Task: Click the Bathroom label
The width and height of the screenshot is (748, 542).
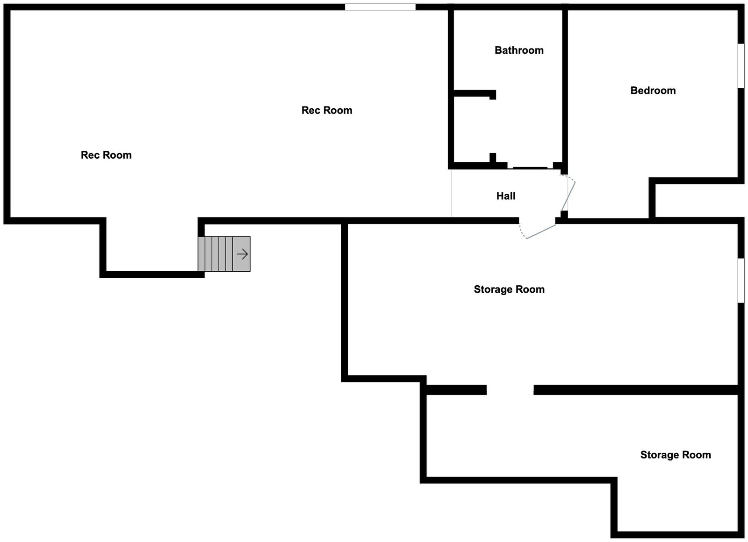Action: [519, 50]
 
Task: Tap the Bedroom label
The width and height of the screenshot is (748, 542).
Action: [653, 91]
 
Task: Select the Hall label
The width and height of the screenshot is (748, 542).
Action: [506, 196]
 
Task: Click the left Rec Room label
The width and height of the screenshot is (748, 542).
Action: [106, 155]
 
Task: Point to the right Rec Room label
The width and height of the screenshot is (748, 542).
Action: [327, 110]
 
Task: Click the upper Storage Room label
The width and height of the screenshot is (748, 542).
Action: [509, 289]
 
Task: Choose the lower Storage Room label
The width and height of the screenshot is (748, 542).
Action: [676, 455]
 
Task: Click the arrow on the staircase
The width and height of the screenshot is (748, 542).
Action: [242, 254]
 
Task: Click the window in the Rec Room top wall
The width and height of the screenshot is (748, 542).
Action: [380, 7]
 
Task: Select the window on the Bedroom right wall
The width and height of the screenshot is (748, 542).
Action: [741, 66]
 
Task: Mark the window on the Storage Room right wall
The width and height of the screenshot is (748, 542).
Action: [741, 280]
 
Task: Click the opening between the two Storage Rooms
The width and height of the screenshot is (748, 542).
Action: [510, 389]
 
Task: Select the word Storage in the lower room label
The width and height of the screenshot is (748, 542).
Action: [657, 455]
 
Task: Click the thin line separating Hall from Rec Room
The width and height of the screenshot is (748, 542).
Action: [451, 194]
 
